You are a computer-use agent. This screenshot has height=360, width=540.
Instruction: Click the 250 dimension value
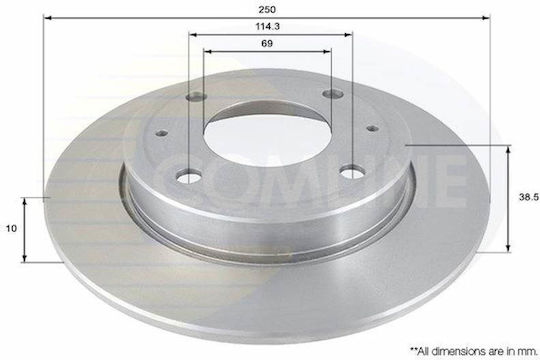267,9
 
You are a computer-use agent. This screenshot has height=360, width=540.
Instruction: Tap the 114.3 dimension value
267,27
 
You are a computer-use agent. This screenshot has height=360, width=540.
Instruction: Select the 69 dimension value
267,43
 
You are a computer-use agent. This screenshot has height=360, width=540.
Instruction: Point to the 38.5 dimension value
529,197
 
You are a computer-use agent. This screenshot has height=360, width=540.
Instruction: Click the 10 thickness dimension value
11,228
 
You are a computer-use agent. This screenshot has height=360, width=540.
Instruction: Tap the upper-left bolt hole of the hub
196,97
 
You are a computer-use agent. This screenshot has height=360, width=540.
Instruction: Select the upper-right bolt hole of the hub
333,93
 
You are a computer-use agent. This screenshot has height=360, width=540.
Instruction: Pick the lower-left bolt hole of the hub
188,176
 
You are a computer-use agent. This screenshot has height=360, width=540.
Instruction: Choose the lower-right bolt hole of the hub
352,172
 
